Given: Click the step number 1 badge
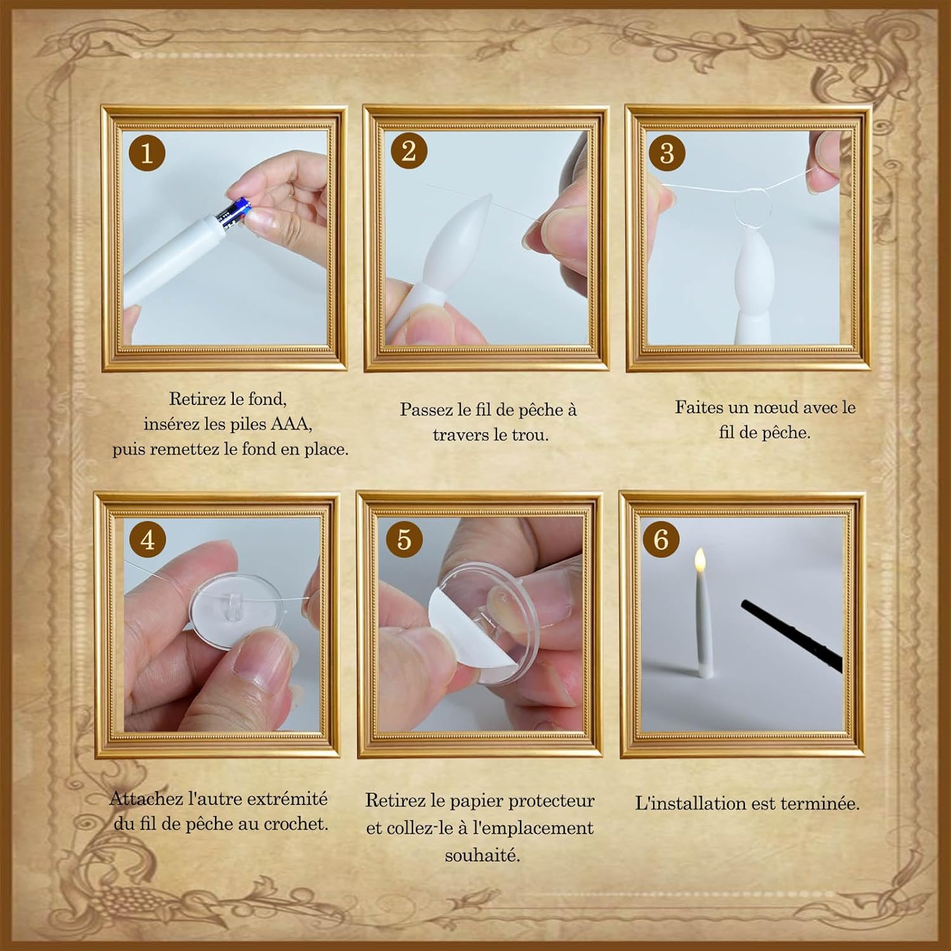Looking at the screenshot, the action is coord(146,153).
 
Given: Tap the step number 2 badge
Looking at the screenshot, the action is coord(409,151).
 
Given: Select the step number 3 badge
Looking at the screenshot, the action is coord(667,153).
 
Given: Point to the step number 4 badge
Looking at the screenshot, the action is coord(148,540).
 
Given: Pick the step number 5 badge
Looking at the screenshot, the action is coord(404,539).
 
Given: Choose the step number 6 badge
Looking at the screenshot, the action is coord(661,540).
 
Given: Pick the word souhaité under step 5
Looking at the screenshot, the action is coord(482,855).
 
